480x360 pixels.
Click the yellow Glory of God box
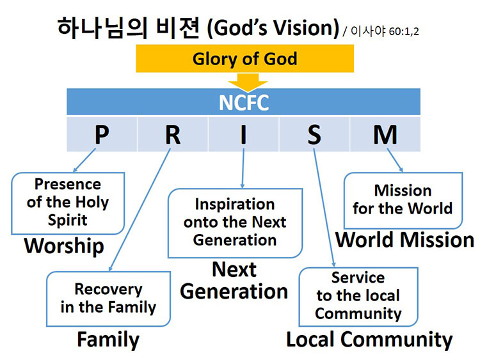[244, 59]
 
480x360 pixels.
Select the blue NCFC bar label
[243, 102]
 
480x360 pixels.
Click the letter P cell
[102, 134]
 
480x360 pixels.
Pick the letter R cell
[173, 134]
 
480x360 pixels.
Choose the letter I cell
[243, 134]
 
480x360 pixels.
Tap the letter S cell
[314, 134]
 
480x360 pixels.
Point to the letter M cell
[385, 134]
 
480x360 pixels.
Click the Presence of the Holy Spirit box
[68, 202]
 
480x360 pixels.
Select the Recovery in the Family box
[108, 299]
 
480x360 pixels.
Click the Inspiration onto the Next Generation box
[235, 222]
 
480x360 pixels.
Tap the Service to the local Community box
[358, 296]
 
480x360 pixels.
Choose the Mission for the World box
[403, 200]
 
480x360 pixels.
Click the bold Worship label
[64, 246]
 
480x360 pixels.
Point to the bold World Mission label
[405, 240]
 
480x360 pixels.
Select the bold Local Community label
[369, 340]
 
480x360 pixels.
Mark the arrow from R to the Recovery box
[139, 211]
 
